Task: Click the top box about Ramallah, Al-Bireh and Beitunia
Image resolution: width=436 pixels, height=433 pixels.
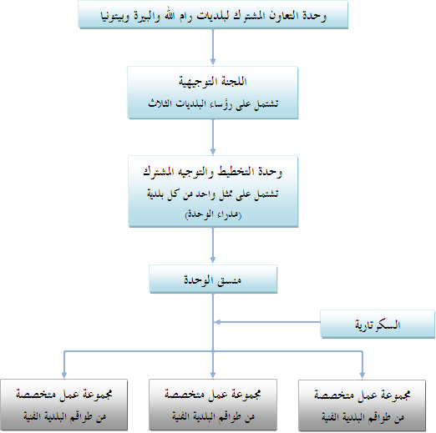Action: (x=213, y=14)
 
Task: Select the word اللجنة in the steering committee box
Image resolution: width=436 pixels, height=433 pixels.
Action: (x=234, y=81)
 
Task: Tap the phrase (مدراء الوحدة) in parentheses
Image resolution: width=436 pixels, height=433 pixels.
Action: (x=213, y=214)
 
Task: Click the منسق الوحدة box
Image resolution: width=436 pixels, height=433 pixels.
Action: (x=213, y=279)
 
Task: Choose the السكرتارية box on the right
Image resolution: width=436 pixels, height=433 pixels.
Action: (x=378, y=325)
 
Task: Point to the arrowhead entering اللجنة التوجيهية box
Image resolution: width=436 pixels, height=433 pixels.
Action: (x=213, y=61)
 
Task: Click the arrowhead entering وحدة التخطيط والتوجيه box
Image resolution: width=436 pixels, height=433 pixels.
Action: (x=213, y=151)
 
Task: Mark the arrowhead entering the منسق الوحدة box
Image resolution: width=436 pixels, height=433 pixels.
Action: (x=213, y=259)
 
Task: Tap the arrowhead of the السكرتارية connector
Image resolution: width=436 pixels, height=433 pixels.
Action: (x=218, y=322)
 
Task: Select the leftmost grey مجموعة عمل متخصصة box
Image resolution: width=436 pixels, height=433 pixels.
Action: (x=63, y=405)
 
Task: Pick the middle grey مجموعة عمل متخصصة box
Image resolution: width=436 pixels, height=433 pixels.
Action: (x=213, y=405)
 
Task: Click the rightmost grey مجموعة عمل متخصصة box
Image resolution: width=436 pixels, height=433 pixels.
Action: (x=362, y=405)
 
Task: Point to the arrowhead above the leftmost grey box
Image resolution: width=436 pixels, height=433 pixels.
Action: (x=64, y=374)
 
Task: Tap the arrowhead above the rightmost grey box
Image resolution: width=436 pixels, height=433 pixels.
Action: (x=362, y=375)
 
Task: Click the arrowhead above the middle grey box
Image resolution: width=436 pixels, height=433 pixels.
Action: (x=213, y=374)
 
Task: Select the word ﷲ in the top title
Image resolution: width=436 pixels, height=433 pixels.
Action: (x=170, y=16)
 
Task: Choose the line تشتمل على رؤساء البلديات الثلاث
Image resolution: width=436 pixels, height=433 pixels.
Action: (x=213, y=103)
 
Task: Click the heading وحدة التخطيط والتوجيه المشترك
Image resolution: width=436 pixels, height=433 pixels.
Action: (x=213, y=171)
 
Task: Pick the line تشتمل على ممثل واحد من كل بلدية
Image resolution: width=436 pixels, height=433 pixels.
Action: (x=213, y=194)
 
